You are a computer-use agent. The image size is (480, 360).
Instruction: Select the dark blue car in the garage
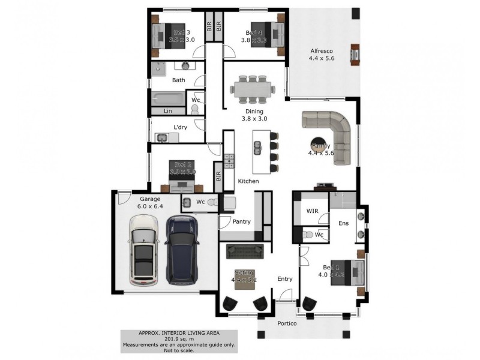tap(181, 250)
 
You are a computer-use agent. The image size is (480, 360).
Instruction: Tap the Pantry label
tap(242, 222)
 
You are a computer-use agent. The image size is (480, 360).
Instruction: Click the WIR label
tap(312, 211)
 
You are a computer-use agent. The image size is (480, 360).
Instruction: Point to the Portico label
tap(287, 324)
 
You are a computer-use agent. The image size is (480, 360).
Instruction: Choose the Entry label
tap(285, 279)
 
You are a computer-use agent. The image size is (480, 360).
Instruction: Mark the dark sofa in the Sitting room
tap(245, 250)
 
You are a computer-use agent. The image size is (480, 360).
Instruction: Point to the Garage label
tap(150, 199)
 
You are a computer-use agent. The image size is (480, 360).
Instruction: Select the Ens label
tap(343, 223)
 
